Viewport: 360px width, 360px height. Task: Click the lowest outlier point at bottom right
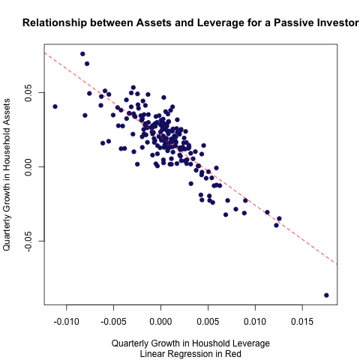tap(326, 295)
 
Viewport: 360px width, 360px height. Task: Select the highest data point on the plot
tap(82, 54)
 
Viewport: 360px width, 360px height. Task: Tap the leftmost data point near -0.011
tap(55, 106)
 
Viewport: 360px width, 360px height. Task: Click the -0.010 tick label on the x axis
tap(67, 321)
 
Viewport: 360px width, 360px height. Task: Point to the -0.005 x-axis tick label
tap(113, 321)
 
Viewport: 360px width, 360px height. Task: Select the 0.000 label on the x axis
tap(160, 321)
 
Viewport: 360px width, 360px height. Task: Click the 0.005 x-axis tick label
tap(208, 321)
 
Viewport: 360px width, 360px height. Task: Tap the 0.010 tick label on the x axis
tap(255, 321)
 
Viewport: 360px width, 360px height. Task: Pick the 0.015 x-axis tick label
tap(302, 321)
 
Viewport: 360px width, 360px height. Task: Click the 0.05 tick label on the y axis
tap(28, 93)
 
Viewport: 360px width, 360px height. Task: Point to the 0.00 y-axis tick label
tap(28, 166)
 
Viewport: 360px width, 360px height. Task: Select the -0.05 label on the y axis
tap(28, 241)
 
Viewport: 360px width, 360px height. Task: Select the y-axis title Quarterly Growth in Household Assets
tap(7, 175)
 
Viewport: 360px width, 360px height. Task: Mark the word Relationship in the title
tap(55, 23)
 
